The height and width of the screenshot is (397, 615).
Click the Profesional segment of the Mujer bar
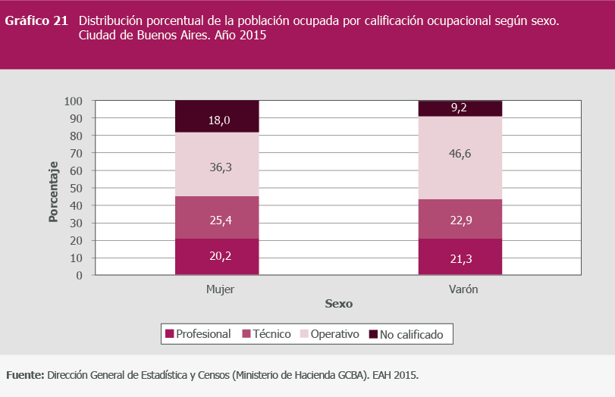217,258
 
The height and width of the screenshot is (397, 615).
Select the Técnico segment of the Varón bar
460,219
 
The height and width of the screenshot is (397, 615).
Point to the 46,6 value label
460,153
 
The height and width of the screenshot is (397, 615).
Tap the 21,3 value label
460,260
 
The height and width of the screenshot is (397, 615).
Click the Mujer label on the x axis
220,290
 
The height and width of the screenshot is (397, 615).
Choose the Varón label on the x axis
462,290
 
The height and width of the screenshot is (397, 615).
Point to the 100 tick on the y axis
73,101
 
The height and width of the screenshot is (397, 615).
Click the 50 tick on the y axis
76,188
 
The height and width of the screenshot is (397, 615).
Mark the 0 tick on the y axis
79,275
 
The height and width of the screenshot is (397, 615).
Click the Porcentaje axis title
53,192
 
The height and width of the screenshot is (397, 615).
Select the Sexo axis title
339,304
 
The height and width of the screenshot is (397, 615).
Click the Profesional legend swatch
170,334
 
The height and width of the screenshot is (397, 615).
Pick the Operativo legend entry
328,334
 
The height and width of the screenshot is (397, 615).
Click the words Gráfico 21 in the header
37,21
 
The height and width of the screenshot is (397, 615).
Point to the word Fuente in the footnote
24,375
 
